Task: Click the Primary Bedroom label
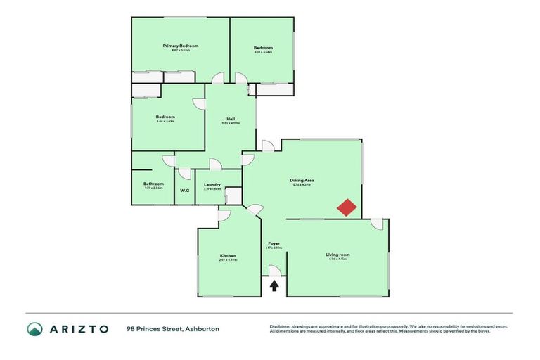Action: pos(181,46)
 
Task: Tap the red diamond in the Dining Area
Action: pos(347,208)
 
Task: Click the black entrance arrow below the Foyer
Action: pos(274,285)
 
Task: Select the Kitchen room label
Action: pos(228,255)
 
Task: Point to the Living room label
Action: pos(337,255)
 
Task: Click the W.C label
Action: pos(184,191)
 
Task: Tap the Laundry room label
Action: pos(212,184)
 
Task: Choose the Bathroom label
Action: pos(153,184)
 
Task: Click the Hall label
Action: pos(231,118)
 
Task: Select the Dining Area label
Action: pos(302,180)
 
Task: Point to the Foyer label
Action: pos(274,243)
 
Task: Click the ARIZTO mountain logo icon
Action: pos(34,329)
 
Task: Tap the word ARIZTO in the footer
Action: pos(78,329)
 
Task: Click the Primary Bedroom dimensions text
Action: pos(181,51)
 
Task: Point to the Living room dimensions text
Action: pos(337,259)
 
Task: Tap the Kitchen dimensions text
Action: pos(228,260)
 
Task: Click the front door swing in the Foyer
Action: pos(274,271)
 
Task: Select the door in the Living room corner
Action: pos(377,224)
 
